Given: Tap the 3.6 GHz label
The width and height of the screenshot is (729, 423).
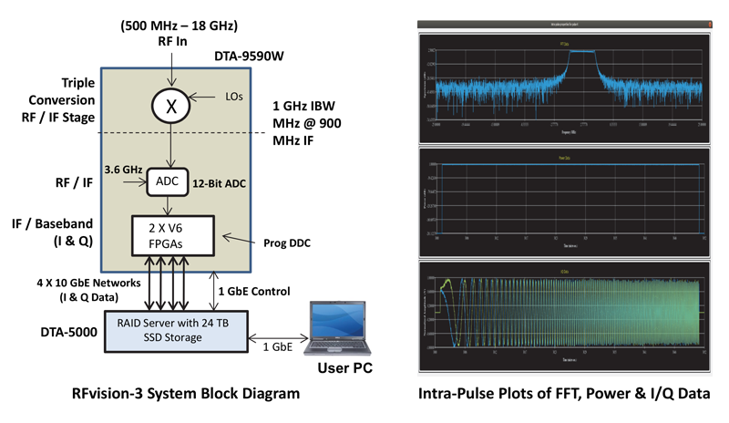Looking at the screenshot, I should click(124, 169).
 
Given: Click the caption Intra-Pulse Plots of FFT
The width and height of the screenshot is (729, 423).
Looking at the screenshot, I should click(565, 395).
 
